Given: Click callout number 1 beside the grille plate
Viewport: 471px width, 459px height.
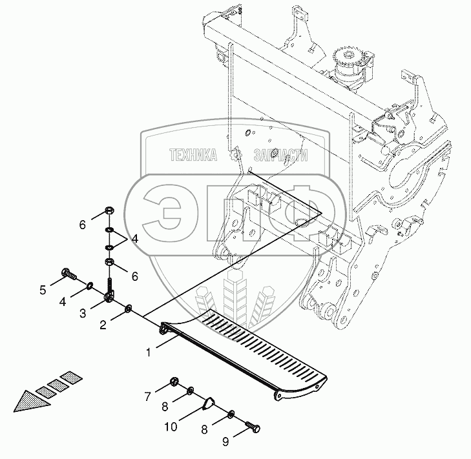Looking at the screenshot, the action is [x=149, y=352].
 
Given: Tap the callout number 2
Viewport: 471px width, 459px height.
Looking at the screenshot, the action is [x=102, y=325].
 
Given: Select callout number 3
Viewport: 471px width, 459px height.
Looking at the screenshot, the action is [x=83, y=313].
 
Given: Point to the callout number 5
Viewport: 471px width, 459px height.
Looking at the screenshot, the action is [x=43, y=290].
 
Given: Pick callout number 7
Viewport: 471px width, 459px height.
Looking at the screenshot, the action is [x=147, y=395].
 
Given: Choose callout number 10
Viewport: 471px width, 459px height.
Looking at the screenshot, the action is [x=171, y=427].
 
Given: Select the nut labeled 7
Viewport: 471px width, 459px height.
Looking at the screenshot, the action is [x=174, y=383].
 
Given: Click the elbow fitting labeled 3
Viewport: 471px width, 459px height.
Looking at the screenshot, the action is [x=110, y=296].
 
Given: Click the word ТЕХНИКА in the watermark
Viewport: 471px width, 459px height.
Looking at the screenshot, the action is [x=193, y=155].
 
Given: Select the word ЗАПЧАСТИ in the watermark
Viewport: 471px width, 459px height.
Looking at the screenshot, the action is [x=280, y=155].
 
